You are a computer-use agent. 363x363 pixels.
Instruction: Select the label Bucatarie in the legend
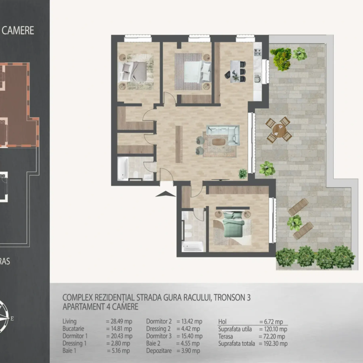coord(73,329)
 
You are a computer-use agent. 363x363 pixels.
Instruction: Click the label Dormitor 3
coord(159,336)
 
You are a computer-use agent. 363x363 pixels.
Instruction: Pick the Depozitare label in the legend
coord(159,351)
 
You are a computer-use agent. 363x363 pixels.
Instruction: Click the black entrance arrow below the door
coord(165,194)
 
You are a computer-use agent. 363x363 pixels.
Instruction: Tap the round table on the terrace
coord(279,130)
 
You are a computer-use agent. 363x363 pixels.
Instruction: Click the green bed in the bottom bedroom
coord(233,225)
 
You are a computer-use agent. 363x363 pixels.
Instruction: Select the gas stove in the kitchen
coord(258,52)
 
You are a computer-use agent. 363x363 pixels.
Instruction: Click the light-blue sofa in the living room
coord(223,135)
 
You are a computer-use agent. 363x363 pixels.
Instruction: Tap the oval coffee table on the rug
coord(218,141)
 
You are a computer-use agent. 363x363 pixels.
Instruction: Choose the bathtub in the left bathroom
coord(123,169)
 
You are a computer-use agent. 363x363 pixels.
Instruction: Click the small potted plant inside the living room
coord(242,174)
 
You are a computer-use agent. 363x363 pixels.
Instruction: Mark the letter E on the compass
coord(12,318)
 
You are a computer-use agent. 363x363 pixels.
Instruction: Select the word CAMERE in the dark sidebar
coord(18,30)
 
